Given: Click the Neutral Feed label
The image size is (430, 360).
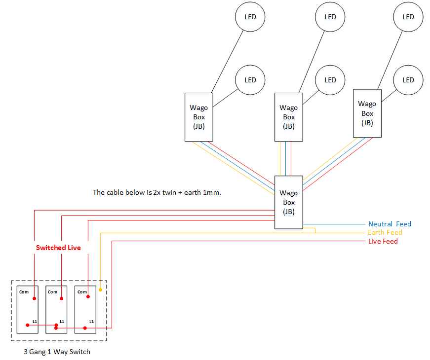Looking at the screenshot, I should [x=390, y=224].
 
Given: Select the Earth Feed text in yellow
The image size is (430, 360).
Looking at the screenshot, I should [x=385, y=232].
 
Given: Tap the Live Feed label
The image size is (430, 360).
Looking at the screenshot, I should [x=383, y=241].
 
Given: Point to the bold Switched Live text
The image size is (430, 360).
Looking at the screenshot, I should [x=58, y=248].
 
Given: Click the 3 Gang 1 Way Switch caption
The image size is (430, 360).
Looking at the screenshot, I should [x=57, y=352].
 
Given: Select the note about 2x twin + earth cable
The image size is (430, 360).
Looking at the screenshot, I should [x=157, y=192].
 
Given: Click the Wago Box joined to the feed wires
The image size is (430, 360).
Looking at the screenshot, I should [x=289, y=202].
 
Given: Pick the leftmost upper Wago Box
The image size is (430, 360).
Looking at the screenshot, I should [x=199, y=117].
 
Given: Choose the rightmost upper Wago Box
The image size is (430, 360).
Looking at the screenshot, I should [x=367, y=113].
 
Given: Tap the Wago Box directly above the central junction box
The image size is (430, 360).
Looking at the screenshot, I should [x=289, y=117].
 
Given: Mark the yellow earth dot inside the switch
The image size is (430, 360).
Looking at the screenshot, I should [x=100, y=290].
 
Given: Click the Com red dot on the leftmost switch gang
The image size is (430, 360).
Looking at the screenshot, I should [x=34, y=298].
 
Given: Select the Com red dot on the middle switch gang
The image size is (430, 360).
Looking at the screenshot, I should [x=61, y=298].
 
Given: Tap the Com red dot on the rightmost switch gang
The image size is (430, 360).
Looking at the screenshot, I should [x=88, y=298].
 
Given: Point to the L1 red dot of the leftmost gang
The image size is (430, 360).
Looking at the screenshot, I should [x=27, y=325].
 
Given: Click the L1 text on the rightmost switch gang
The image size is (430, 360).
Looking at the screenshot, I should [x=91, y=321].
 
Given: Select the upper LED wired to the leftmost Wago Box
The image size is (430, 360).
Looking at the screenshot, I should [x=250, y=17].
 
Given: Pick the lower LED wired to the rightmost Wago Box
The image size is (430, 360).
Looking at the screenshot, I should [x=408, y=80].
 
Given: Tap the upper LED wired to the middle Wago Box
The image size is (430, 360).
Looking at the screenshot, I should [x=330, y=17].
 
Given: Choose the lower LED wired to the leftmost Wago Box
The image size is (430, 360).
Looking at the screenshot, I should [x=250, y=80].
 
